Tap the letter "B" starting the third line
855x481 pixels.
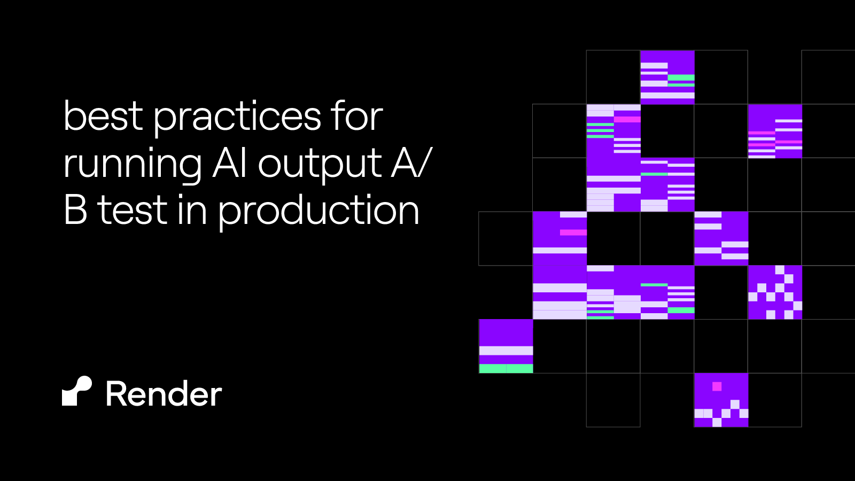coord(75,210)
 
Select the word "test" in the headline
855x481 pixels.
coord(132,210)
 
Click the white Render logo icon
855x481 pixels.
coord(77,391)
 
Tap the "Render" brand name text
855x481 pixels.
coord(164,394)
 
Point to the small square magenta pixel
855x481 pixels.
coord(717,386)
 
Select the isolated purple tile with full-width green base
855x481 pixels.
coord(506,346)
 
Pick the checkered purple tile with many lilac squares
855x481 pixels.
coord(775,292)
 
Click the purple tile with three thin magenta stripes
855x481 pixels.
coord(775,131)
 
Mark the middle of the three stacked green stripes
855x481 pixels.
coord(600,130)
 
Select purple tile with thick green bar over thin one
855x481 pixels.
coord(667,77)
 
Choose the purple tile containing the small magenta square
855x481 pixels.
coord(721,400)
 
